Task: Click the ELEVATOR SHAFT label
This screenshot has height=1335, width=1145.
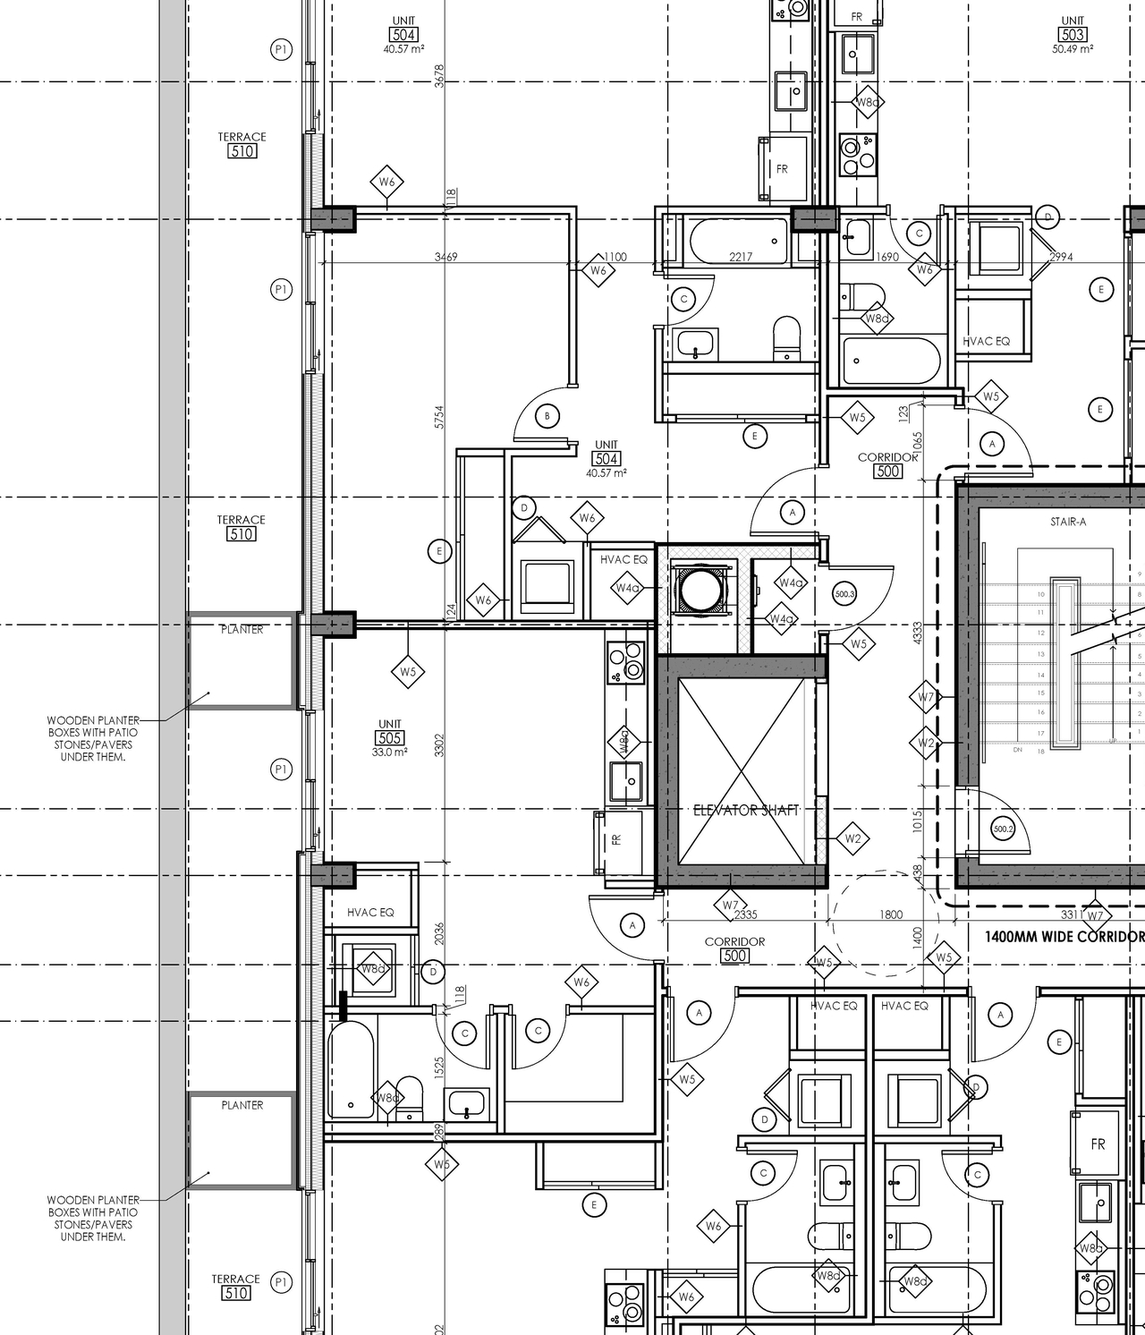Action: [746, 811]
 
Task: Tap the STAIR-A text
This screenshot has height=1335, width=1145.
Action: [1068, 522]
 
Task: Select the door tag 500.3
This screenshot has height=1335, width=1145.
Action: [844, 593]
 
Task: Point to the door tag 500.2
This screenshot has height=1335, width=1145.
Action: [1003, 829]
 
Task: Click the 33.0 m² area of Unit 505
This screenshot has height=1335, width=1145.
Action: [390, 753]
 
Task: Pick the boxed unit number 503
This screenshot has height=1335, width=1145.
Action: [1073, 35]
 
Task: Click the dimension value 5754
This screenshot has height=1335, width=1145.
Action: [439, 417]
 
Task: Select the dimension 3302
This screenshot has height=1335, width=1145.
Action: [439, 744]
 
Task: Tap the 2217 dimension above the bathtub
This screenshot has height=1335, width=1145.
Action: [741, 257]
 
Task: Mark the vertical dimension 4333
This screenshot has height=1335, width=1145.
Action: [917, 633]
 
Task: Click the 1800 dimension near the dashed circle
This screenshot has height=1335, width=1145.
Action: [891, 914]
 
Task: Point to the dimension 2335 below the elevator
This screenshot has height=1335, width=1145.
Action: [746, 914]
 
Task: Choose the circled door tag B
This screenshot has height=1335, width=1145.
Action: [547, 416]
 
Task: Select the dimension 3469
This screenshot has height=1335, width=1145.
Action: [445, 257]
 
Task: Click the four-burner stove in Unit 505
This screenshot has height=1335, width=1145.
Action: [625, 663]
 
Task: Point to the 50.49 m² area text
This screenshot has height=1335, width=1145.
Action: [1073, 49]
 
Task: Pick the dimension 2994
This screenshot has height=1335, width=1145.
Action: [1061, 257]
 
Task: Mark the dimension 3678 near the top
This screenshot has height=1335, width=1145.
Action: [439, 75]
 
